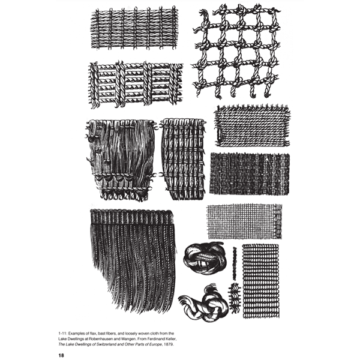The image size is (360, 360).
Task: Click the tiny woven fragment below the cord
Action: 234,295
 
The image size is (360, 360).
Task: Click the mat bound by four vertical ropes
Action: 136,84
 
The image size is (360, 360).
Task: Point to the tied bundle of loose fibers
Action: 120,159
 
